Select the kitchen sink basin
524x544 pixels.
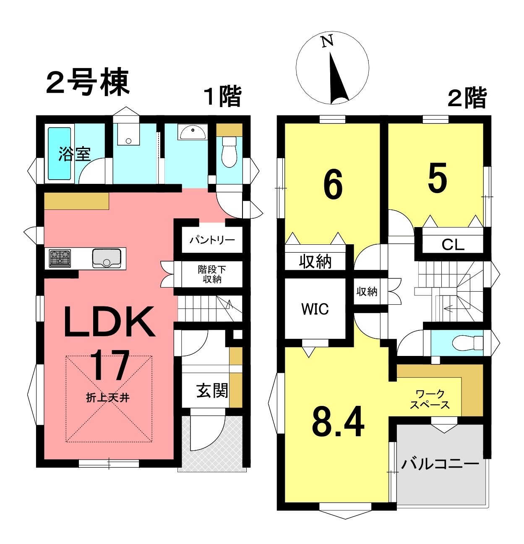(107, 259)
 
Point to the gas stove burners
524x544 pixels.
(60, 258)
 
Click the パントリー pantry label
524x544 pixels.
(212, 240)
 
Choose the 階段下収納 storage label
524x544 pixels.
(212, 274)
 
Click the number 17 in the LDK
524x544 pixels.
(109, 365)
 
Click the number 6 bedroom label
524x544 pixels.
(333, 184)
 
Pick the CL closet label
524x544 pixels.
(453, 245)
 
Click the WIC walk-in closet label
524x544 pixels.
(315, 309)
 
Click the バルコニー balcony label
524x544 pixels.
(440, 464)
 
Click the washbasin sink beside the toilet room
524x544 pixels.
(193, 132)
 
